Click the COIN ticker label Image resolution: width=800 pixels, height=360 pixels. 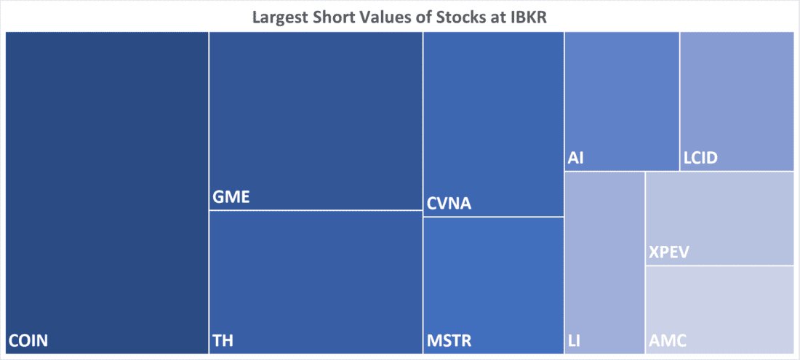[x=28, y=340]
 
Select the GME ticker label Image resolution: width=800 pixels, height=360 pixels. [x=231, y=197]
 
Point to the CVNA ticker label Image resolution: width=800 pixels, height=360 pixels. [x=448, y=204]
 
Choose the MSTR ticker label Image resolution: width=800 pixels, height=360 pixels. [x=449, y=340]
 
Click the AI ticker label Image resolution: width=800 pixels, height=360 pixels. [x=576, y=158]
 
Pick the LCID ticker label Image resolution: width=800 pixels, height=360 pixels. [x=703, y=158]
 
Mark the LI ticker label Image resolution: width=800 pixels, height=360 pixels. [x=573, y=340]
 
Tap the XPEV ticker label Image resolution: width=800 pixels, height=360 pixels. [x=669, y=252]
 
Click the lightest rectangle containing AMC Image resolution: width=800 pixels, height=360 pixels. [x=719, y=305]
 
